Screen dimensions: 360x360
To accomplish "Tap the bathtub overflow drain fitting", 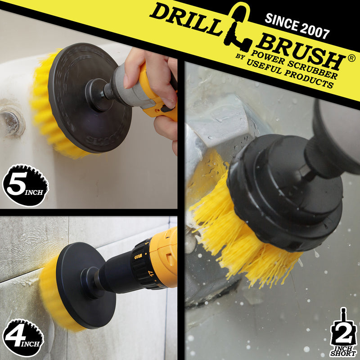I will tap(11, 119).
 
